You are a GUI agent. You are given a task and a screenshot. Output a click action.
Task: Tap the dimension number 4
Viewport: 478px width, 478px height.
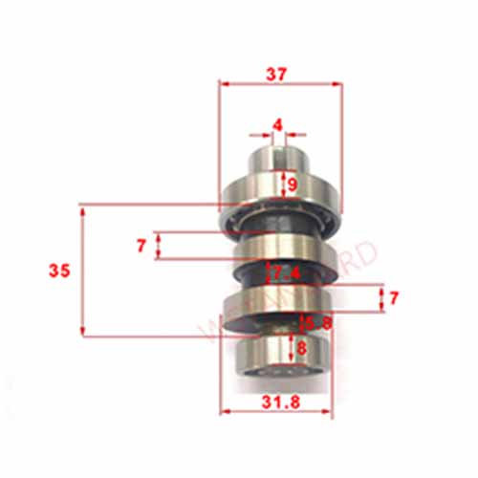[x=277, y=124]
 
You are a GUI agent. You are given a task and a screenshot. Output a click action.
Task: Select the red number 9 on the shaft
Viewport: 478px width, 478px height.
[x=292, y=182]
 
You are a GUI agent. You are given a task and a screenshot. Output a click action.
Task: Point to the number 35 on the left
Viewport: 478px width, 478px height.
[x=59, y=271]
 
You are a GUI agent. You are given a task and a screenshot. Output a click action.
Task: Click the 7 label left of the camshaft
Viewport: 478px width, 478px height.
[x=141, y=246]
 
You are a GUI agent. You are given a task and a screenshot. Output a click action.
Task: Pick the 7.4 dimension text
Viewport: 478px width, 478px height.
[x=287, y=273]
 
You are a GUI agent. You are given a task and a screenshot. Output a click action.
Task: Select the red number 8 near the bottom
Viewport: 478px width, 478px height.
[x=302, y=347]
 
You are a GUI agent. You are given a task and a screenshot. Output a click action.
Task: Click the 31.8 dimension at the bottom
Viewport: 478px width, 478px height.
[x=277, y=403]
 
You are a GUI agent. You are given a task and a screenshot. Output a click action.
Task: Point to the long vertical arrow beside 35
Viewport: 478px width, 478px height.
[x=83, y=271]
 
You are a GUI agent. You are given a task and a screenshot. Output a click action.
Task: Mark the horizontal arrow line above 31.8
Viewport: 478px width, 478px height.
[x=277, y=413]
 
